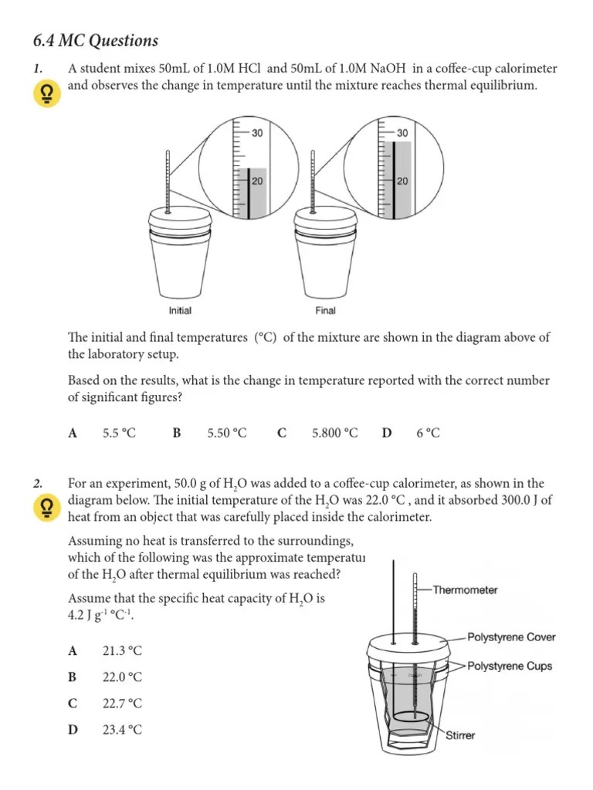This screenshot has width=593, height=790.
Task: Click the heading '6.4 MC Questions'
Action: pos(97,41)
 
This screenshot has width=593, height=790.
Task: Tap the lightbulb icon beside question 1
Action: pos(46,95)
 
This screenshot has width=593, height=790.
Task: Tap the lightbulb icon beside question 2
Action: pos(46,507)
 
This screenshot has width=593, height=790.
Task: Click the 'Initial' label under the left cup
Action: pos(180,311)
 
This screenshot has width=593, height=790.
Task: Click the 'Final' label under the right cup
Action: pos(326,311)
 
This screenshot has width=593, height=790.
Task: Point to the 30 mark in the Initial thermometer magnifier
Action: pos(257,133)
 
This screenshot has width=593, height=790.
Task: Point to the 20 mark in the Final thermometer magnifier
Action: pos(402,181)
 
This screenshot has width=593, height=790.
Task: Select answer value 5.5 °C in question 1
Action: pos(119,434)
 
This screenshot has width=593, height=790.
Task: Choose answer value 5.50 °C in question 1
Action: pos(227,434)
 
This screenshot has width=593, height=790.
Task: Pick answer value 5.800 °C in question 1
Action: pos(335,434)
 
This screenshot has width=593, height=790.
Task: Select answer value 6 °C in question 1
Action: pos(429,434)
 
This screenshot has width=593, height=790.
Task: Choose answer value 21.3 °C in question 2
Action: pos(122,651)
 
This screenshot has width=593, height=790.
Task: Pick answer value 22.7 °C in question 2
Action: pos(122,704)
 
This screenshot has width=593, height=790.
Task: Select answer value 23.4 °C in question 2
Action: pos(122,730)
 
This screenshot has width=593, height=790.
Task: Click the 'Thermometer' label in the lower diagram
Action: pos(465,590)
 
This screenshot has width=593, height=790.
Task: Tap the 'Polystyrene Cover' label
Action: pos(511,637)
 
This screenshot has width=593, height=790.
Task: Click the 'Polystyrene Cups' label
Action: pos(510,666)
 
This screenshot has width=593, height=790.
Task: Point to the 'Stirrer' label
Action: pos(460,735)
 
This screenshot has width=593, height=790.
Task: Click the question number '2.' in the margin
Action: pos(38,484)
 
